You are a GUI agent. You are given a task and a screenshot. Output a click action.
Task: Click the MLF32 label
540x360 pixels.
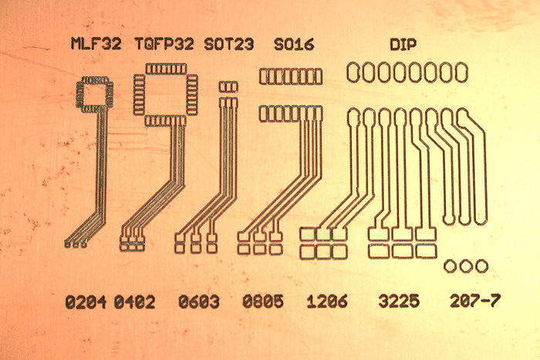[x=96, y=44]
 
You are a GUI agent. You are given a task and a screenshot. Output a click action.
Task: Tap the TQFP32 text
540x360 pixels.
[x=164, y=44]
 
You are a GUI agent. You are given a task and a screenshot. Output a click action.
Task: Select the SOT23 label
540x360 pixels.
[x=229, y=45]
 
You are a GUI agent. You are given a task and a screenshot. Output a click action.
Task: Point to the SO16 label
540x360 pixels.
[x=294, y=45]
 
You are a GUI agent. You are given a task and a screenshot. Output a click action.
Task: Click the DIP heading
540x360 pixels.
[x=403, y=45]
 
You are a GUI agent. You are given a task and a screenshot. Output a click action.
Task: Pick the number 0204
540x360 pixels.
[x=86, y=302]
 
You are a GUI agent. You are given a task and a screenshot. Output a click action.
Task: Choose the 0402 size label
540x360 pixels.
[x=135, y=302]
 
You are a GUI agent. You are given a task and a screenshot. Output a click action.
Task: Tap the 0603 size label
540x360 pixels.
[x=199, y=302]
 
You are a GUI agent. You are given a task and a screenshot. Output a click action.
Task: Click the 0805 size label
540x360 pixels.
[x=263, y=301]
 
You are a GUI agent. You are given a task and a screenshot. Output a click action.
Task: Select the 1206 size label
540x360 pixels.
[x=327, y=301]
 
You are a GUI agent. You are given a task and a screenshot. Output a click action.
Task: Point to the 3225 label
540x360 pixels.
[x=399, y=301]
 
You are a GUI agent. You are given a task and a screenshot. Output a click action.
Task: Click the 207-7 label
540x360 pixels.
[x=475, y=301]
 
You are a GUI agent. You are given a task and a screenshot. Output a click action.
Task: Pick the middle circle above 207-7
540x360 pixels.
[x=466, y=266]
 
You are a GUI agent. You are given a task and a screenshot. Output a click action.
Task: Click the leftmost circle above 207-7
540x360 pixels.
[x=450, y=266]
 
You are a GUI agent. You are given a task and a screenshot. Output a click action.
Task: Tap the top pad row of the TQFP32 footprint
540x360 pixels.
[x=166, y=69]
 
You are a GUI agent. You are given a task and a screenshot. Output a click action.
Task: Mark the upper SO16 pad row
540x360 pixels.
[x=291, y=76]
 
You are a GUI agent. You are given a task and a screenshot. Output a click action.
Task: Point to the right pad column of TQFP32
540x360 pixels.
[x=192, y=95]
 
